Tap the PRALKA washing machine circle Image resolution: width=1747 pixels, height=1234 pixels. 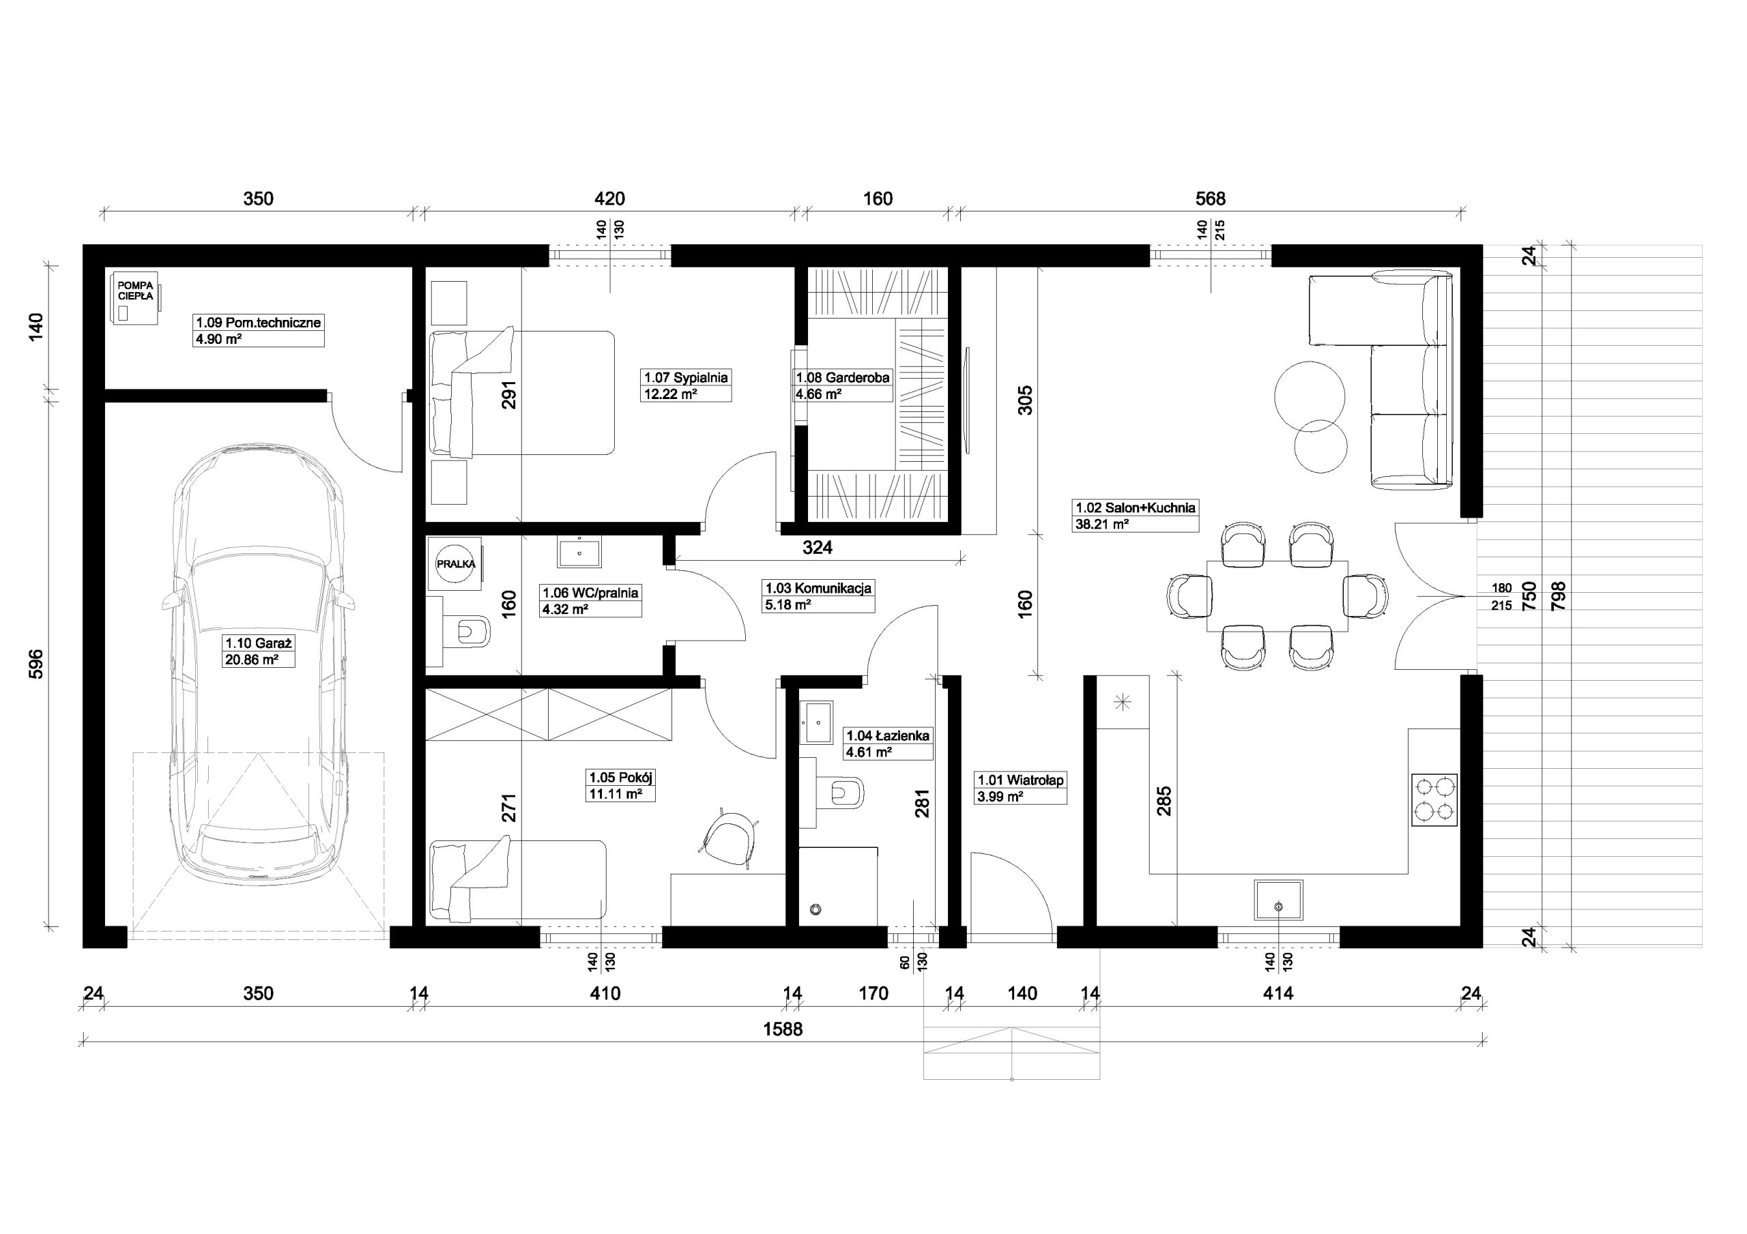[x=456, y=563]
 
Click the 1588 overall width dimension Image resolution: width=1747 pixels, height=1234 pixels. [x=783, y=1029]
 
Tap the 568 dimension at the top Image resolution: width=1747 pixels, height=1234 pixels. [x=1211, y=199]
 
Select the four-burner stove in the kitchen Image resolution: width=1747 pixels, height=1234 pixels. [x=1434, y=799]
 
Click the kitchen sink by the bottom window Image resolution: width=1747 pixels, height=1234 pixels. [x=1278, y=900]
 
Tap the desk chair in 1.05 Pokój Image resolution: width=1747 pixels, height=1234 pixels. [x=730, y=838]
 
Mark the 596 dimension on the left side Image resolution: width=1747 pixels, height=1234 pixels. [x=35, y=664]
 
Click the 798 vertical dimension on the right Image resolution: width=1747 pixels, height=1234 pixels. [x=1553, y=596]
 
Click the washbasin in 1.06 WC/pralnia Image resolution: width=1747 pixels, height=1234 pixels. [x=580, y=553]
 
